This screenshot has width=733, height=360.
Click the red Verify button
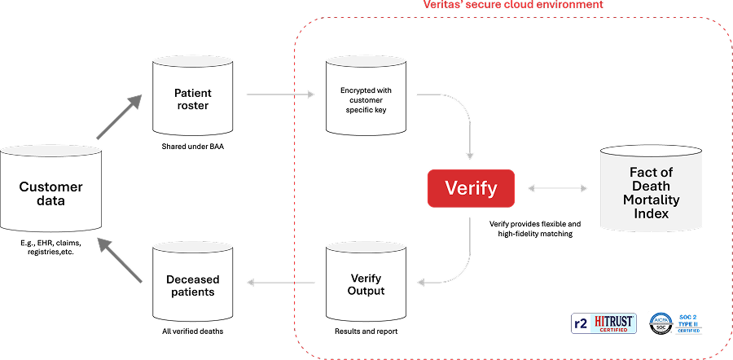[x=471, y=188]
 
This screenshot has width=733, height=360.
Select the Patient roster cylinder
[x=191, y=99]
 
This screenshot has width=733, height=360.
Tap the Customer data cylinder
[x=51, y=192]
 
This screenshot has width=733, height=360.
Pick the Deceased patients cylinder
[x=191, y=284]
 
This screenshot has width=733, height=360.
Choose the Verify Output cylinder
[x=366, y=284]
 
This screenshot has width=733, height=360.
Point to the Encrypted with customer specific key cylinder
[x=366, y=97]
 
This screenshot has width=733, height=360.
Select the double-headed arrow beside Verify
[x=558, y=189]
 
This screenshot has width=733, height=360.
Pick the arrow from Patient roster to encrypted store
[x=280, y=94]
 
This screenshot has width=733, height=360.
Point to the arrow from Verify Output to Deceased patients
[x=280, y=283]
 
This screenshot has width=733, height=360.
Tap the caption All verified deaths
[x=191, y=331]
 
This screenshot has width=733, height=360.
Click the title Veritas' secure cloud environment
[x=513, y=5]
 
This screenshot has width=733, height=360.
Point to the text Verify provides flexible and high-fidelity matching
[x=534, y=229]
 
